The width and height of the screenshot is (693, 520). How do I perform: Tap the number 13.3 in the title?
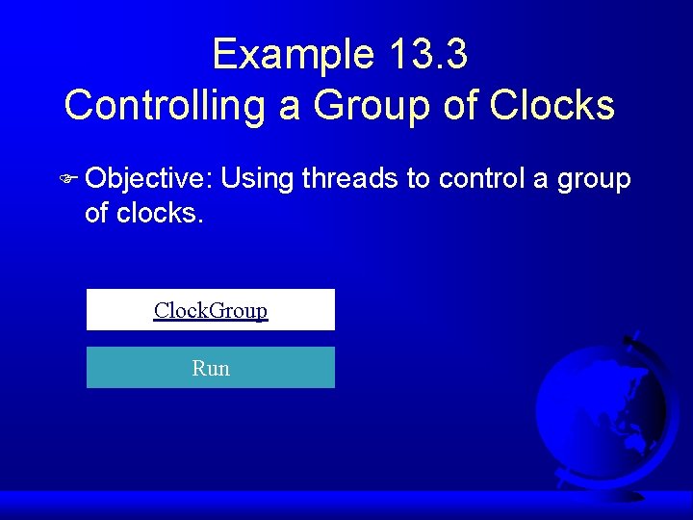[428, 55]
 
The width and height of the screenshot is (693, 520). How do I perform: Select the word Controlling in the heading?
[165, 105]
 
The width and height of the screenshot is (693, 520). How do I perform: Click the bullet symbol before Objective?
[70, 179]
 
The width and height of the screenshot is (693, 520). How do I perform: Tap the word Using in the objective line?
[262, 179]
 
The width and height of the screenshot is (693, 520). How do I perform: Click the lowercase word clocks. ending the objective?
[161, 213]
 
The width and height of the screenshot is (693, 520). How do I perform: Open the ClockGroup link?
[211, 310]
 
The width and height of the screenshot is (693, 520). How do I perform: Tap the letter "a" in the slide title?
[290, 105]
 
